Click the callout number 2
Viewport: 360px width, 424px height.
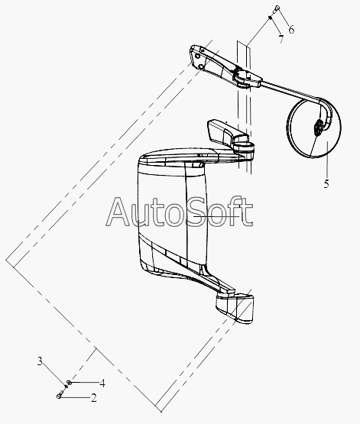(93, 398)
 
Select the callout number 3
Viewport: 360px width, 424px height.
(40, 361)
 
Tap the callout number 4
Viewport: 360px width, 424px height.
(102, 384)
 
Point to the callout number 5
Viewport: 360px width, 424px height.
(326, 184)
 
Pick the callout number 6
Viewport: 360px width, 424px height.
(291, 29)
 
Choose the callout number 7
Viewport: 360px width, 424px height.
(281, 39)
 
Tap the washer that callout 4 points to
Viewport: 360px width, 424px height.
(70, 382)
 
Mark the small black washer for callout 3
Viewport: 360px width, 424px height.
(66, 386)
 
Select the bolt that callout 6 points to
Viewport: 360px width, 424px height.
(276, 9)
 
